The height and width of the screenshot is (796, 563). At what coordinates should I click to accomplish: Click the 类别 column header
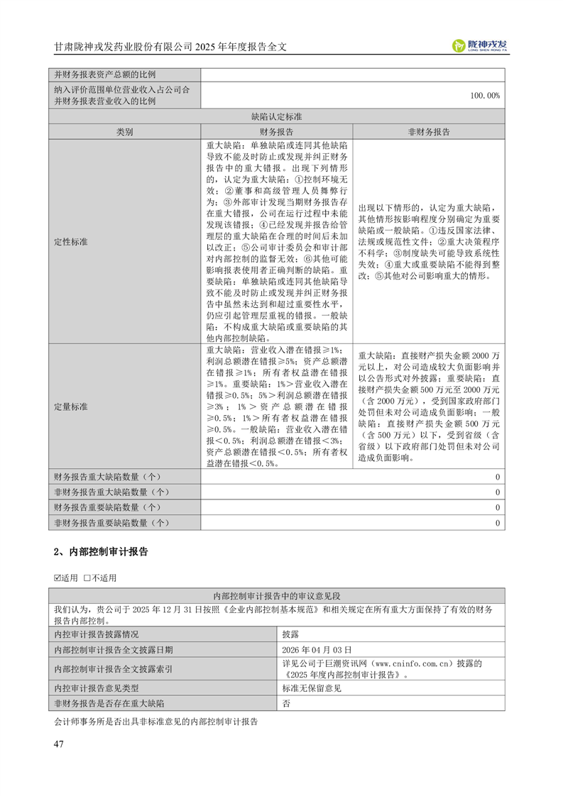tap(125, 132)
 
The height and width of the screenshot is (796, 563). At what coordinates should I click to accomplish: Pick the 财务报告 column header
tap(276, 132)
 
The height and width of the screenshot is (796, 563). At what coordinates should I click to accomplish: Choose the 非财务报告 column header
tap(428, 132)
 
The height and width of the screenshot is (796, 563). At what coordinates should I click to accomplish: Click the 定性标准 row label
tap(71, 241)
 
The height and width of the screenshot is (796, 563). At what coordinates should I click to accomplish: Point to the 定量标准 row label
tap(71, 407)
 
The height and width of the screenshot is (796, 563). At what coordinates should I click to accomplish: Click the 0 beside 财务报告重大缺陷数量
tap(497, 477)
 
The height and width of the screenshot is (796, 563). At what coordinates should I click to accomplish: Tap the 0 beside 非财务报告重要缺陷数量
tap(497, 523)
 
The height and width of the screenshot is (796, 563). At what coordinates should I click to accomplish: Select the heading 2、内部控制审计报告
tap(101, 551)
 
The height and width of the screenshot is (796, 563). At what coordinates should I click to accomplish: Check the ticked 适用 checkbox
tap(58, 577)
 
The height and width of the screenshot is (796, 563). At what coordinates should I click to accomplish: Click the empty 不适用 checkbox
tap(87, 577)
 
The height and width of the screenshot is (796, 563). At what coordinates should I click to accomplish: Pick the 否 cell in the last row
tap(286, 703)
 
